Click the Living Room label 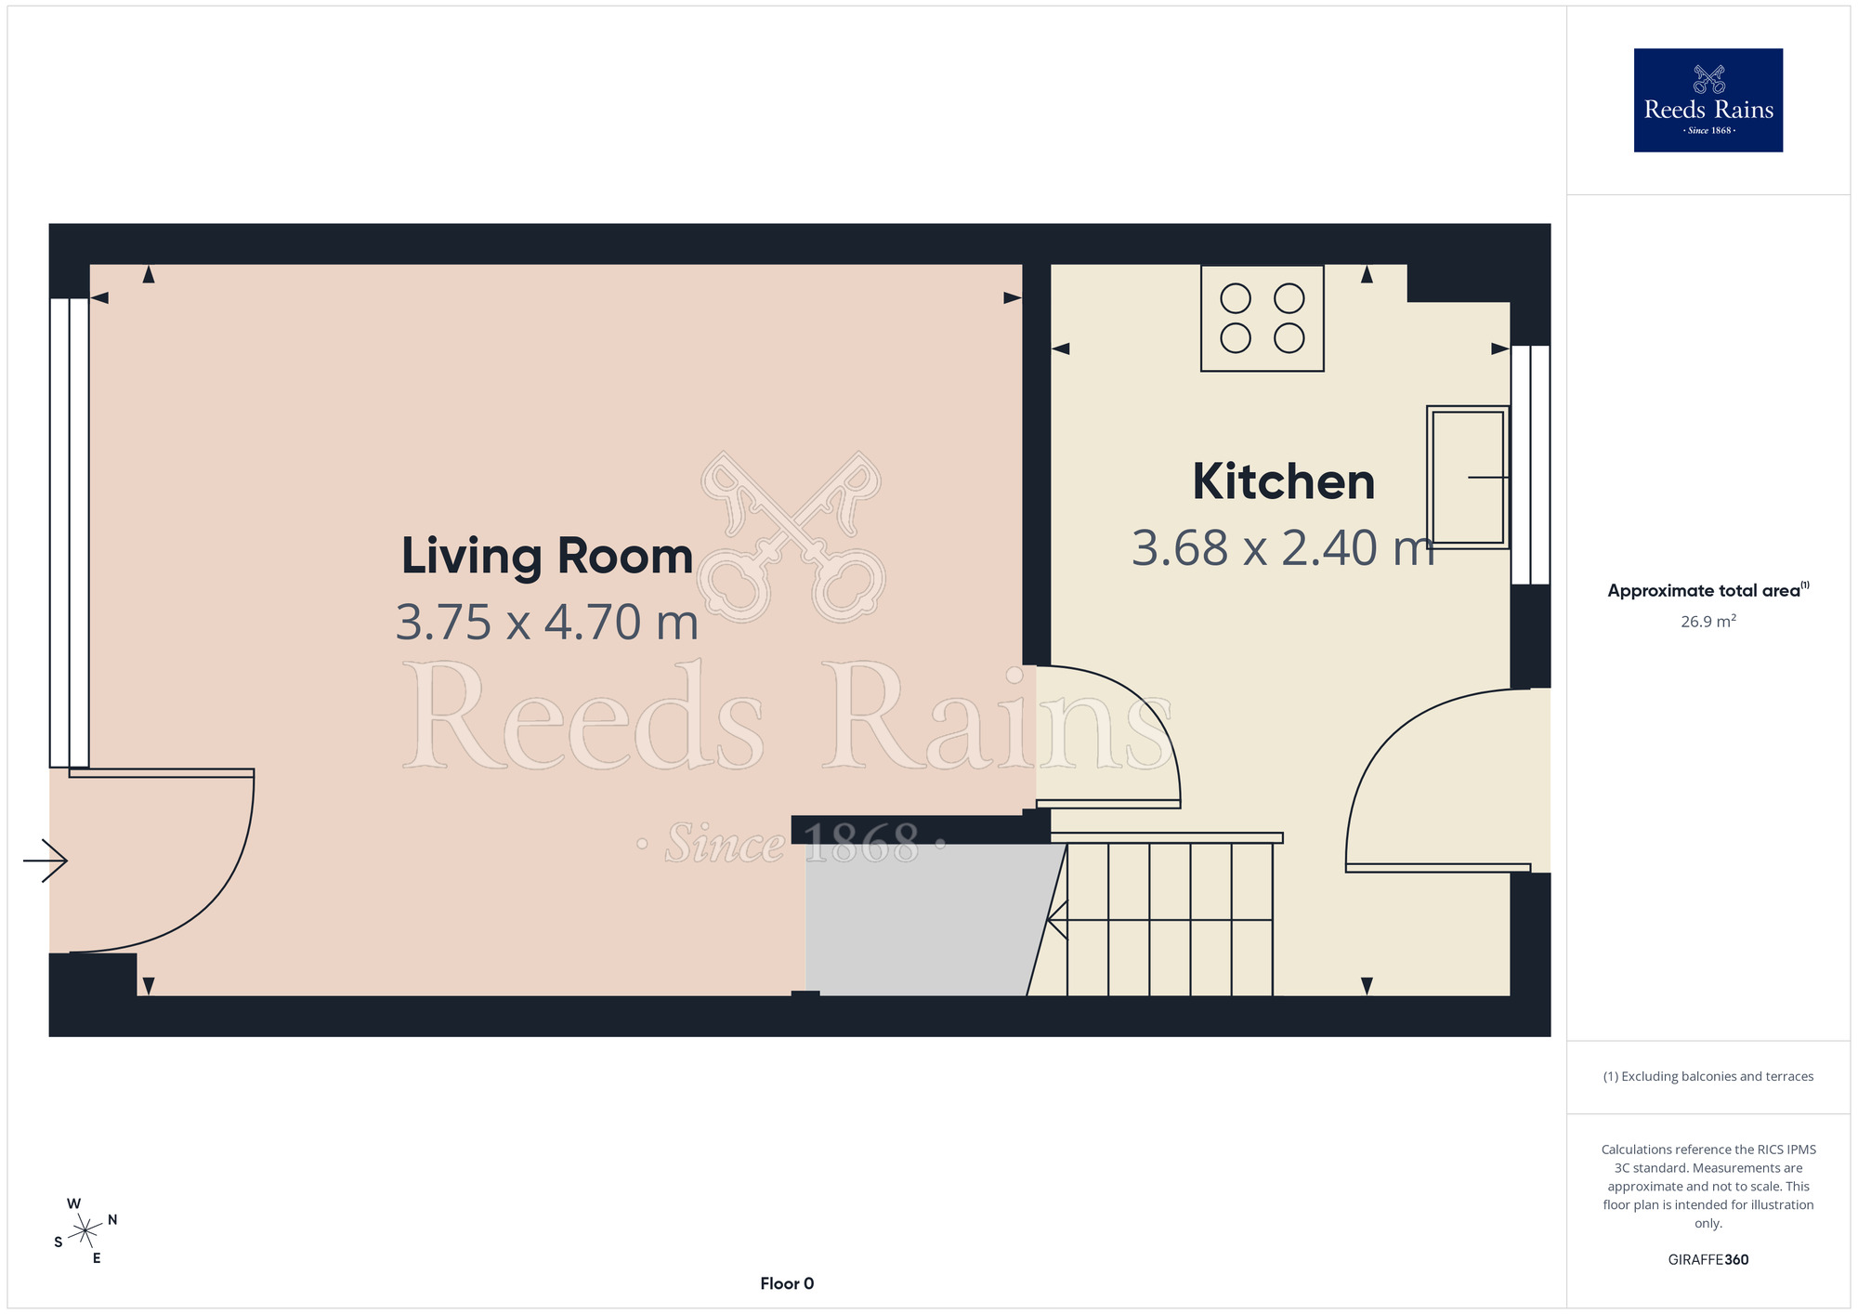tap(547, 556)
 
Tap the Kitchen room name tap(1283, 481)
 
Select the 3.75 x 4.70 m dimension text tap(547, 622)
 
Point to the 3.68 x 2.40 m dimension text tap(1283, 547)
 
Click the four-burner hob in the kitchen tap(1262, 318)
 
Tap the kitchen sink tap(1468, 478)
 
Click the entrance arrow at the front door tap(46, 861)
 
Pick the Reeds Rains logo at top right tap(1708, 100)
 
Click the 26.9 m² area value tap(1708, 621)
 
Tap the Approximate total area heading tap(1708, 590)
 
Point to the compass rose tap(85, 1230)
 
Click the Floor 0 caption tap(787, 1283)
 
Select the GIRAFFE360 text tap(1708, 1260)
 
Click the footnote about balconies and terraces tap(1708, 1076)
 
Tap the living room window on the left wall tap(70, 532)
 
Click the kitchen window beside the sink tap(1530, 465)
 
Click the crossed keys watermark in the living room tap(792, 537)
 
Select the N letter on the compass tap(112, 1219)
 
